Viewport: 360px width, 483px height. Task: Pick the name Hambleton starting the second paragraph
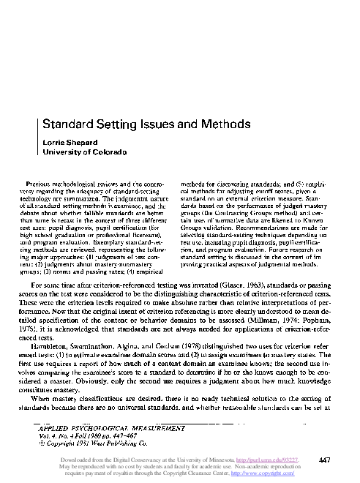pyautogui.click(x=67, y=354)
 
